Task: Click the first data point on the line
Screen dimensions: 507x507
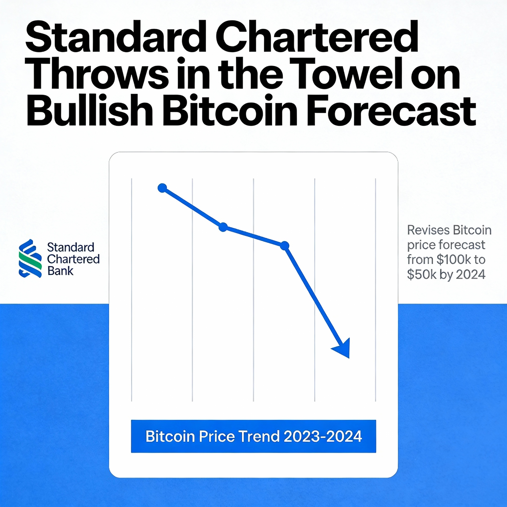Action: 162,188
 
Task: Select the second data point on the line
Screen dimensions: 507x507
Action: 223,227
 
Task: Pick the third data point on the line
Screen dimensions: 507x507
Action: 284,246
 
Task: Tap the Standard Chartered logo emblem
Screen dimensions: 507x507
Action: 30,258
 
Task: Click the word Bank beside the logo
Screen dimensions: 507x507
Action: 60,271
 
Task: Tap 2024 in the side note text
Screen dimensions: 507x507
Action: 471,275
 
